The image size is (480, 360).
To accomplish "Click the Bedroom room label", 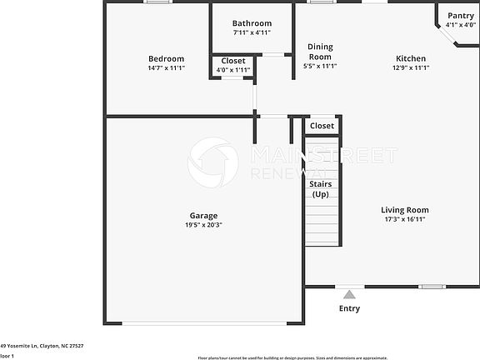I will click(166, 58).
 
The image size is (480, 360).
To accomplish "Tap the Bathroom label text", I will click(252, 23).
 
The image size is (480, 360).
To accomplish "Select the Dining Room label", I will click(321, 52).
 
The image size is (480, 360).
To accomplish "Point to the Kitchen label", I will click(410, 58).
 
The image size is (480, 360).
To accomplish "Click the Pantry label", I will click(461, 16).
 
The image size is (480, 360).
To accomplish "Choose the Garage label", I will click(203, 216).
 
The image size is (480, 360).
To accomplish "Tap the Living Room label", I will click(405, 210).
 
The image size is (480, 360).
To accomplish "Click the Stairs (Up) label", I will click(321, 188).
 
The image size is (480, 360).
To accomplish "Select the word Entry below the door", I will click(349, 308).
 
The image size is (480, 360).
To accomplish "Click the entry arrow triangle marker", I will click(350, 293).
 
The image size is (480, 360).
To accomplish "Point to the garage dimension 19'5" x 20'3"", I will click(203, 225).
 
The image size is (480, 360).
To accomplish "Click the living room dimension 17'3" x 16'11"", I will click(405, 219).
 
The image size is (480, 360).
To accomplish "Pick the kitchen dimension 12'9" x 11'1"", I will click(410, 67).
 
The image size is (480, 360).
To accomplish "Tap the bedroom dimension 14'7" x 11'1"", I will click(166, 67).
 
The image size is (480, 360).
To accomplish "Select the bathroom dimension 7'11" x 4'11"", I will click(252, 32).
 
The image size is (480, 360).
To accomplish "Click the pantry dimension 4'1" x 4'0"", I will click(461, 25).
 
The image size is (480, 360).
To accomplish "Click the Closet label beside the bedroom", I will click(233, 61).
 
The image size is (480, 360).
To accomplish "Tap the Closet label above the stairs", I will click(322, 126).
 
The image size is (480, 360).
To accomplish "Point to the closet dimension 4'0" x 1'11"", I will click(233, 70).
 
